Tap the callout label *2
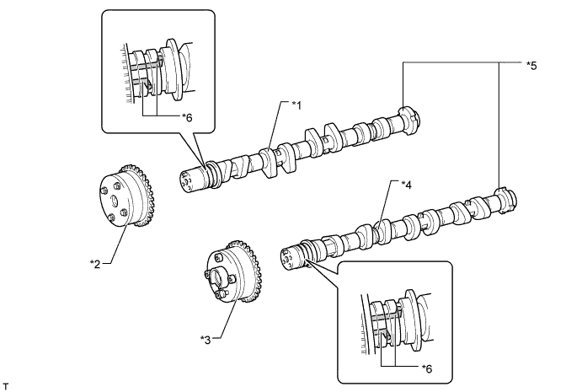(x=95, y=262)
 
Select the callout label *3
(x=205, y=339)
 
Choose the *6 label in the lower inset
(x=428, y=368)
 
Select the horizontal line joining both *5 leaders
(x=455, y=62)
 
